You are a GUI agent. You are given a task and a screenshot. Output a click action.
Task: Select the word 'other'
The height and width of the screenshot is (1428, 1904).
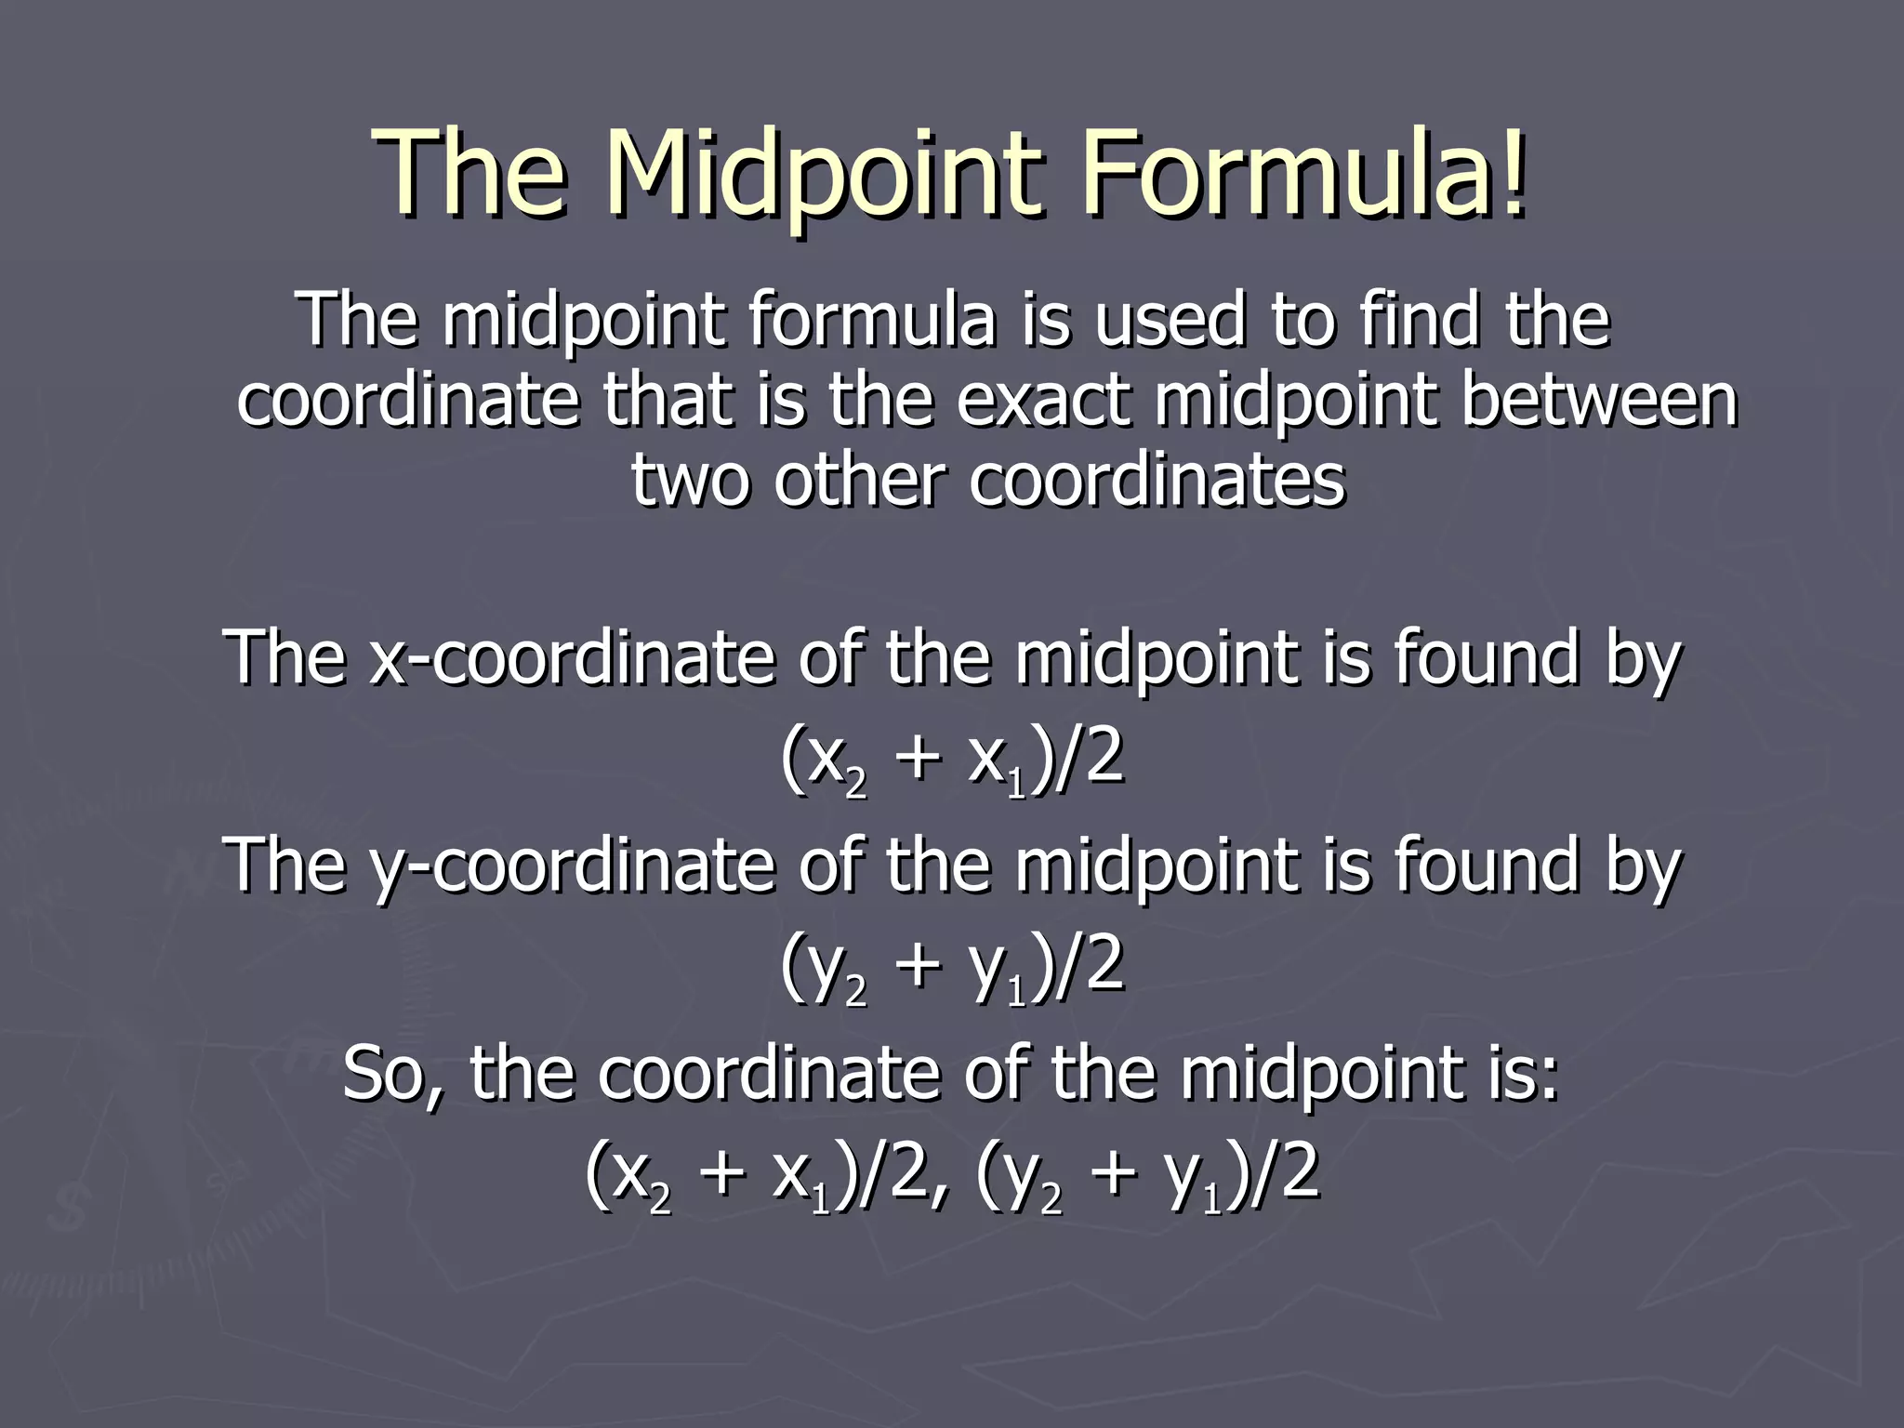860,480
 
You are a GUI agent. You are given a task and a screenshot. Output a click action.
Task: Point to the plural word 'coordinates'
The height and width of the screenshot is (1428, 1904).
1157,480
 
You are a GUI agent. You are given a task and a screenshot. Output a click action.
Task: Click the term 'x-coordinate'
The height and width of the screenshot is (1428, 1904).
573,658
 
